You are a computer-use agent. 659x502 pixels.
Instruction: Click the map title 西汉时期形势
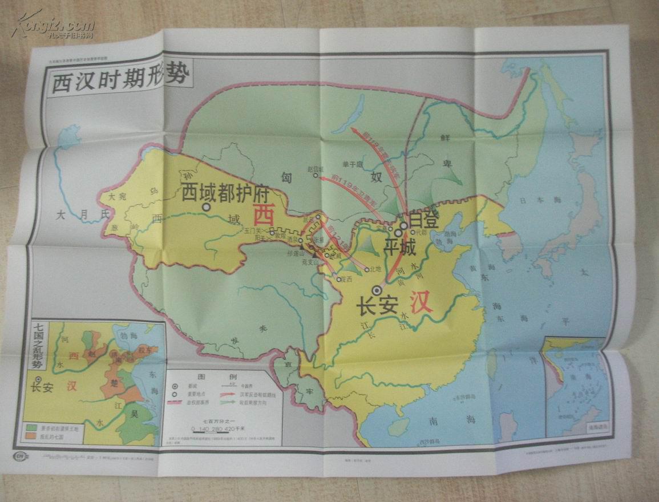(120, 79)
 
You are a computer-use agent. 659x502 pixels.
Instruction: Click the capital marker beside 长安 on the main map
(376, 291)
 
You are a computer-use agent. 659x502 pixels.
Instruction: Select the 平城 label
(399, 248)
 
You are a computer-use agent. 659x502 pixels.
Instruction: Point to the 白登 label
(423, 219)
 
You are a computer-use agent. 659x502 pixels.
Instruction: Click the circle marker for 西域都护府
(206, 208)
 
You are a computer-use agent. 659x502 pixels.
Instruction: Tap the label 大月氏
(82, 215)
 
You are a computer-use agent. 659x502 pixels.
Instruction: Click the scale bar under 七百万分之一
(218, 428)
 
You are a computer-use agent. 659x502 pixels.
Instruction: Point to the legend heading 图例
(205, 378)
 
